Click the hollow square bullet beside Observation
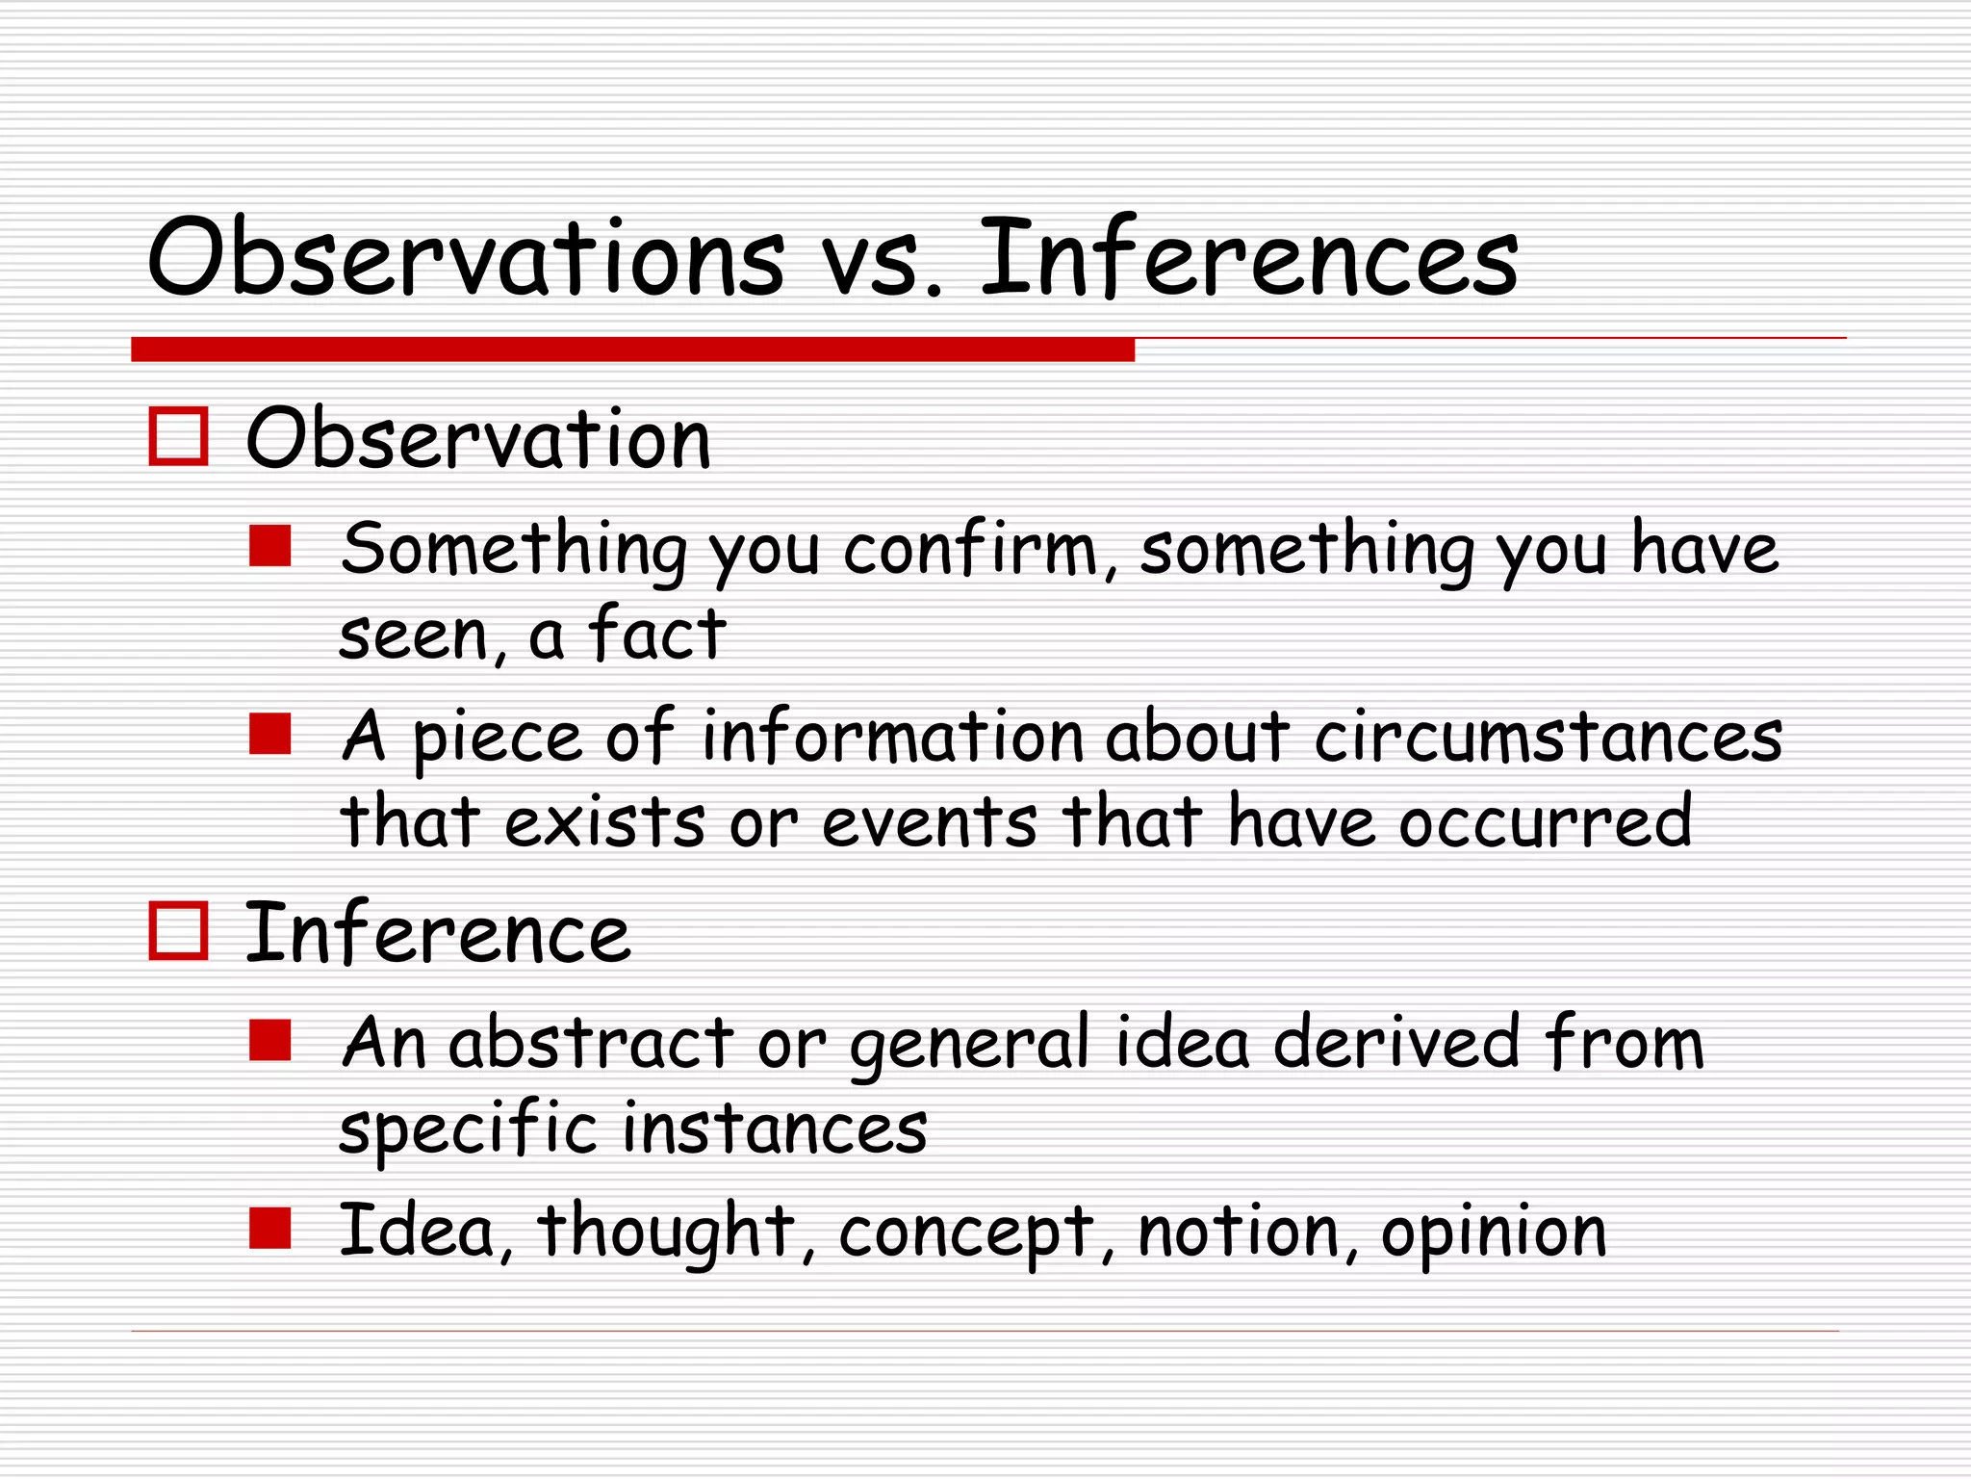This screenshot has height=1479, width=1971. [x=179, y=437]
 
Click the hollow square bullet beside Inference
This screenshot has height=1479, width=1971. [x=179, y=931]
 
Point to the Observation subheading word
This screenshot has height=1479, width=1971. [x=478, y=439]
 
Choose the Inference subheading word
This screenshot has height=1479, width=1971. [x=438, y=933]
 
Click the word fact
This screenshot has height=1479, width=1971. [x=657, y=635]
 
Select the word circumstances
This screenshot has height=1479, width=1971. [x=1548, y=738]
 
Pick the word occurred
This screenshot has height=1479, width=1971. [x=1545, y=822]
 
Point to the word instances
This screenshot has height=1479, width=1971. [x=775, y=1129]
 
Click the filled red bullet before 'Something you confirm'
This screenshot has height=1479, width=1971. [x=270, y=546]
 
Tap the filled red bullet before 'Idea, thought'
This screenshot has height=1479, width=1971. [x=270, y=1229]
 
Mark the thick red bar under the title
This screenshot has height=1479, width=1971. [x=632, y=350]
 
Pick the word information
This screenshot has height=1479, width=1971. [x=894, y=738]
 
